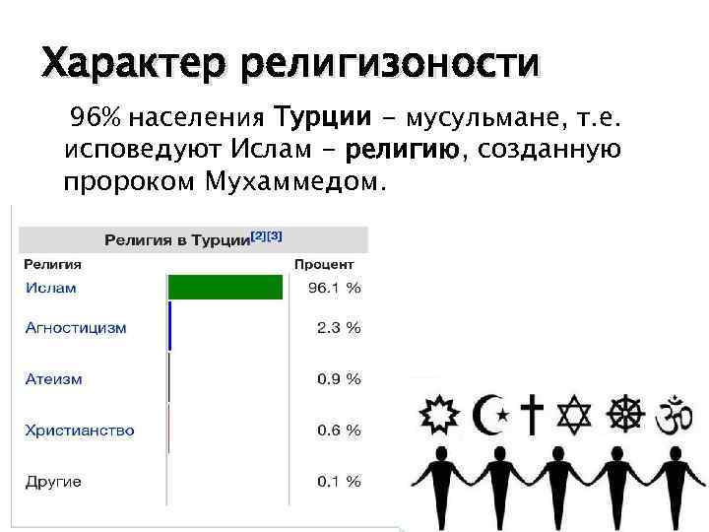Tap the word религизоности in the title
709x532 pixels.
coord(390,65)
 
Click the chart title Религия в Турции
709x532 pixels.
coord(174,240)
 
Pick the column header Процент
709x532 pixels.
coord(324,264)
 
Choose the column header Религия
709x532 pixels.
coord(53,264)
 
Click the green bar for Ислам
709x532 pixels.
coord(226,288)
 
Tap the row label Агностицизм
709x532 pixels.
coord(76,327)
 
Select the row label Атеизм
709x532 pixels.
coord(53,379)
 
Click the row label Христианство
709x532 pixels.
coord(80,431)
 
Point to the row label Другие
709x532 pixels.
coord(53,482)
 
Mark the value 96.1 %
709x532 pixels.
coord(335,288)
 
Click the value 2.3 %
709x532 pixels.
coord(339,327)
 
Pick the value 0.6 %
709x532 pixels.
coord(339,431)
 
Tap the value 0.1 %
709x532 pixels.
coord(339,482)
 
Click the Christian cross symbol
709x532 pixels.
coord(532,414)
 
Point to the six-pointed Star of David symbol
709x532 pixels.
coord(577,414)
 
